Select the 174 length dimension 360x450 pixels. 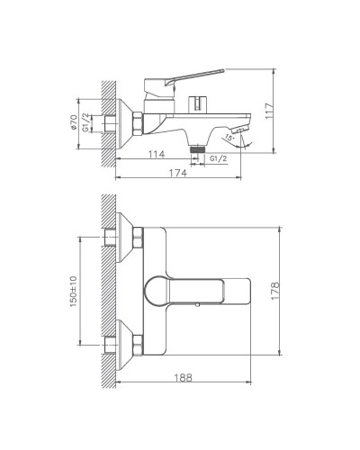click(178, 173)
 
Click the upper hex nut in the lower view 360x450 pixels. click(138, 238)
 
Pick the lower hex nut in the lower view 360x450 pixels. click(138, 343)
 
